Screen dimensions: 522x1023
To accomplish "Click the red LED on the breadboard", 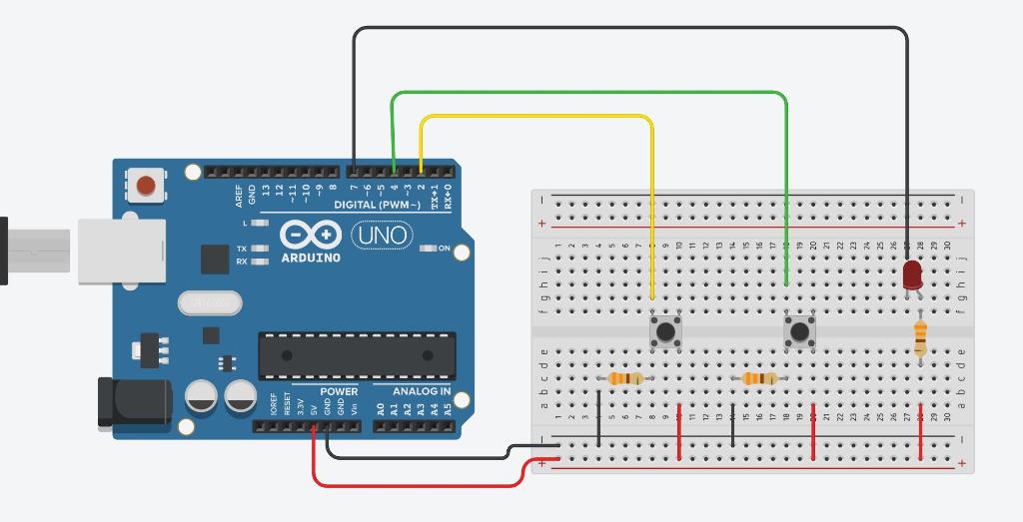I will [x=912, y=275].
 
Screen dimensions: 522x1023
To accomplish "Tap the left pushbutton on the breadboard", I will [x=665, y=331].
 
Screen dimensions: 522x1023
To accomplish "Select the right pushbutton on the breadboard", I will [x=799, y=331].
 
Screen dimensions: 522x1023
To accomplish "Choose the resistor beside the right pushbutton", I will [x=760, y=378].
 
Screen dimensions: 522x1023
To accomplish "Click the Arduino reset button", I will [x=146, y=185].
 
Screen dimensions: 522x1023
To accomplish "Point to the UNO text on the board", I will [x=383, y=236].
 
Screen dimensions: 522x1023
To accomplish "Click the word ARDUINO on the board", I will [x=310, y=258].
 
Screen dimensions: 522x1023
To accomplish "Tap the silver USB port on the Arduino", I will [x=121, y=251].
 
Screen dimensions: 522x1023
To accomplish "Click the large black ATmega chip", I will [x=357, y=355].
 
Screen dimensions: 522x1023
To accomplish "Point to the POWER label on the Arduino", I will [x=339, y=391].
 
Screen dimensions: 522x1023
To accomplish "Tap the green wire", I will [x=589, y=92].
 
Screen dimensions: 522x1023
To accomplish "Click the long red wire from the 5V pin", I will [x=420, y=485].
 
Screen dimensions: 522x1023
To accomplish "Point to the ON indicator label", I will [x=445, y=249].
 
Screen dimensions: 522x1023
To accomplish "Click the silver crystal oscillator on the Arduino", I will [x=210, y=301].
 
